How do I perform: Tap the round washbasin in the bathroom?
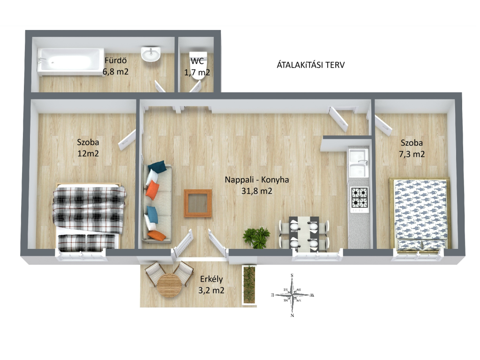point(150,54)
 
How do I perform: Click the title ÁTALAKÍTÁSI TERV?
point(311,65)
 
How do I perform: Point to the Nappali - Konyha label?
point(257,180)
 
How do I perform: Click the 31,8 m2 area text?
point(257,191)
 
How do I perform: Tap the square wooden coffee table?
point(198,203)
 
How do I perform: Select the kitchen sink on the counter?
point(359,163)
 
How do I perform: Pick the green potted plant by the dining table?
point(256,237)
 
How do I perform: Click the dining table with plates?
point(304,234)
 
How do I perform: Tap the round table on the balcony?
point(169,285)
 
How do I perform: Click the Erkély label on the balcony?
point(211,279)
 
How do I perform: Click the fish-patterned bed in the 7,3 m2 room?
point(420,214)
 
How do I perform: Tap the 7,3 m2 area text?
point(412,154)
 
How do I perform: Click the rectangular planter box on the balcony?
point(249,285)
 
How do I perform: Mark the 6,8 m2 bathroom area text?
point(115,72)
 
